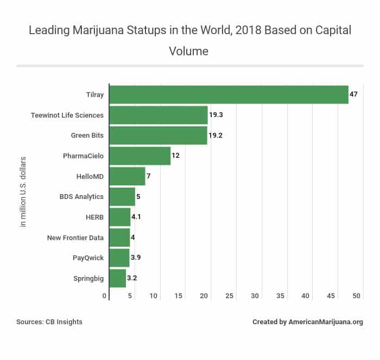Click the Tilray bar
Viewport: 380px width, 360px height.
pos(229,94)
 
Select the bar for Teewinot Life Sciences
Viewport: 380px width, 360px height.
pos(159,115)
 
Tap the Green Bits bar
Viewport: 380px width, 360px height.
pos(158,136)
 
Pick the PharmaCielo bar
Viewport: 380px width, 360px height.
pos(140,156)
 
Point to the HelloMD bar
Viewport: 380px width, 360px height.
pos(127,176)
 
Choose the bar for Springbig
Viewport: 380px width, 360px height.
pos(118,278)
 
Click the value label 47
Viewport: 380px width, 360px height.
pos(353,94)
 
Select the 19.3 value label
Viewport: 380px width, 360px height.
pos(216,115)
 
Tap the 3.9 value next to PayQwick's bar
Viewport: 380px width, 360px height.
pos(136,258)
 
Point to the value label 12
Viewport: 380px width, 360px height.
pos(175,156)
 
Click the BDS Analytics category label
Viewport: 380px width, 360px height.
pos(81,196)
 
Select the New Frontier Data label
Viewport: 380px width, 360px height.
pos(75,237)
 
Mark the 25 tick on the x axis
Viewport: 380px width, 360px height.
pos(230,296)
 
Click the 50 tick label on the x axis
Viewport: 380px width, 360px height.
pos(357,296)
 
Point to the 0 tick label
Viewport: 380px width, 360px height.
pos(105,296)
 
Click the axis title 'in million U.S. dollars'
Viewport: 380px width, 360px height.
pos(23,192)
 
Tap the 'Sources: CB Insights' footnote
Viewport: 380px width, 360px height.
pos(49,322)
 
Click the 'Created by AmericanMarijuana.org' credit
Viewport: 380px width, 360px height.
pos(307,322)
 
